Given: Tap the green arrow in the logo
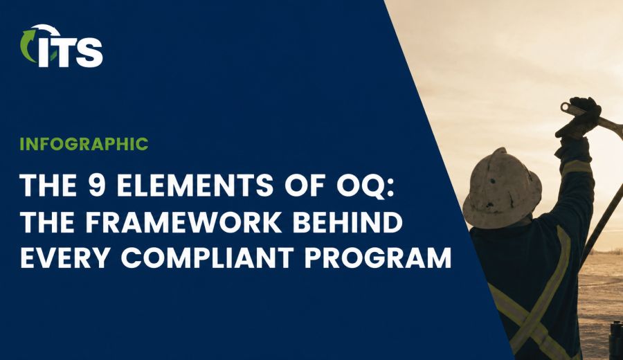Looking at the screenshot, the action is [27, 45].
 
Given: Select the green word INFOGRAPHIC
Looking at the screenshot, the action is [84, 144].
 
